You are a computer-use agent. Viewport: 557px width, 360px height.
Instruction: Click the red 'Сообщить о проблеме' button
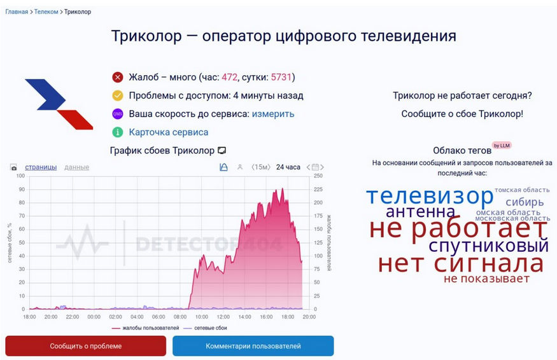point(85,346)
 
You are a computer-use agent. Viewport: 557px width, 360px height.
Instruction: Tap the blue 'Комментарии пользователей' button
point(253,346)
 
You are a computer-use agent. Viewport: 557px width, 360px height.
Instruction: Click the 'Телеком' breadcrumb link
point(46,11)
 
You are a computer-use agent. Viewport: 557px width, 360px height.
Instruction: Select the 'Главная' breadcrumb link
point(17,11)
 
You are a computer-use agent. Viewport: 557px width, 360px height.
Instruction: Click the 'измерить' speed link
point(273,114)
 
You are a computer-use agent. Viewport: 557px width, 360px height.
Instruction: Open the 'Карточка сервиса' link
point(169,132)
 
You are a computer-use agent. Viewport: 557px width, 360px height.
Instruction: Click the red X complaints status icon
point(118,77)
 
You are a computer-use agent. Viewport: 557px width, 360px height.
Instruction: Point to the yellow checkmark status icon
point(118,95)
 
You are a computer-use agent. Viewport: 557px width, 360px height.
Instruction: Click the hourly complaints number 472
point(229,77)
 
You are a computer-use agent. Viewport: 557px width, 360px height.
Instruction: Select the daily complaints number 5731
point(281,77)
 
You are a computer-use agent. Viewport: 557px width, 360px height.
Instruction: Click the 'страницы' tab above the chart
point(41,167)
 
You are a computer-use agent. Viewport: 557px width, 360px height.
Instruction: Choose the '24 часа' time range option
point(288,167)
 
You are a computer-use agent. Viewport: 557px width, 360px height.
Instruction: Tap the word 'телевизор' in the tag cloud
point(430,195)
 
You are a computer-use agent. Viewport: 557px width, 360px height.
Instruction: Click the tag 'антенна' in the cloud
point(420,212)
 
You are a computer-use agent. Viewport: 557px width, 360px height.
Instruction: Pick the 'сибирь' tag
point(525,202)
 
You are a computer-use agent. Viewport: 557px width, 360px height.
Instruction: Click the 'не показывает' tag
point(487,279)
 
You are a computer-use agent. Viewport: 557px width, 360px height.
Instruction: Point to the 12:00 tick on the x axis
point(223,317)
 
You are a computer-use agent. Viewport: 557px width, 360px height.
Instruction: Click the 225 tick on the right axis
point(318,190)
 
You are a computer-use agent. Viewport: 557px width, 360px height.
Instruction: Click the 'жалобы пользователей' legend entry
point(145,328)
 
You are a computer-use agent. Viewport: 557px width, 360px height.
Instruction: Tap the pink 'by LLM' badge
point(502,146)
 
